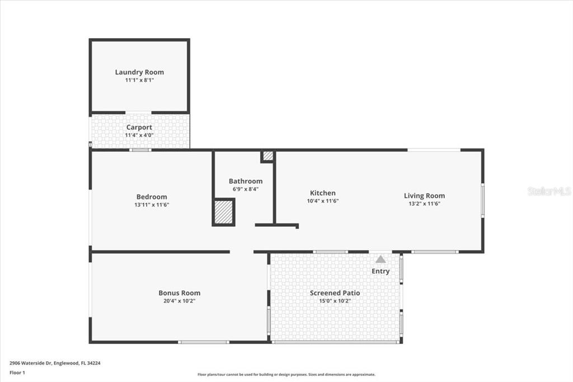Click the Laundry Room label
[139, 72]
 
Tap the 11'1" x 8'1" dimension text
[139, 80]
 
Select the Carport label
[139, 127]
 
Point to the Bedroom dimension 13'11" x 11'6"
[152, 205]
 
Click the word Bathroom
[246, 181]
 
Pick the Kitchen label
[323, 193]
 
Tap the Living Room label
[424, 195]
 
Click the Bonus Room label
[180, 293]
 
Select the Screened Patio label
[335, 293]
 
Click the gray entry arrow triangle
[381, 259]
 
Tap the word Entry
[381, 271]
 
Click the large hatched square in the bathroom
[223, 212]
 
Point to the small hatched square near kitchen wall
[268, 156]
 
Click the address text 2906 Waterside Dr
[31, 364]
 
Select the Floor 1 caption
[17, 373]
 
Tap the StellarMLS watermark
[549, 191]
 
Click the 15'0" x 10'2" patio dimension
[335, 301]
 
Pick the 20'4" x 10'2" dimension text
[180, 301]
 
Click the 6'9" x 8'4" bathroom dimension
[246, 189]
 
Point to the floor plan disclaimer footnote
[286, 375]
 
